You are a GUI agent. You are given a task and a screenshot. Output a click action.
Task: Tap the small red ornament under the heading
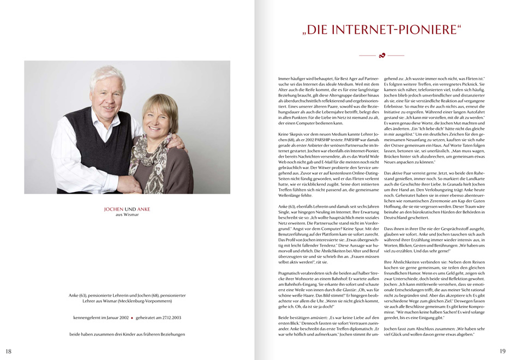pyautogui.click(x=381, y=56)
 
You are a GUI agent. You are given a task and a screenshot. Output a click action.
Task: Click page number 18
pyautogui.click(x=8, y=351)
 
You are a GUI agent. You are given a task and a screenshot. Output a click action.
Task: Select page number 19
pyautogui.click(x=502, y=351)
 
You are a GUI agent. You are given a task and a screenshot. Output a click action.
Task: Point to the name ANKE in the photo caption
pyautogui.click(x=143, y=209)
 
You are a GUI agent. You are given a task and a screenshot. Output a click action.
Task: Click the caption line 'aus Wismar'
pyautogui.click(x=127, y=215)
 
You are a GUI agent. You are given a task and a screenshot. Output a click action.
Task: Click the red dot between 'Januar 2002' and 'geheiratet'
pyautogui.click(x=131, y=317)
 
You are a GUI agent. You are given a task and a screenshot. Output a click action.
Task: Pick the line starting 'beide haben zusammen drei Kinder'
pyautogui.click(x=127, y=334)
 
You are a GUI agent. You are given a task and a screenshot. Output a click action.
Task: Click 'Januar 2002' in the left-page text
pyautogui.click(x=112, y=317)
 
